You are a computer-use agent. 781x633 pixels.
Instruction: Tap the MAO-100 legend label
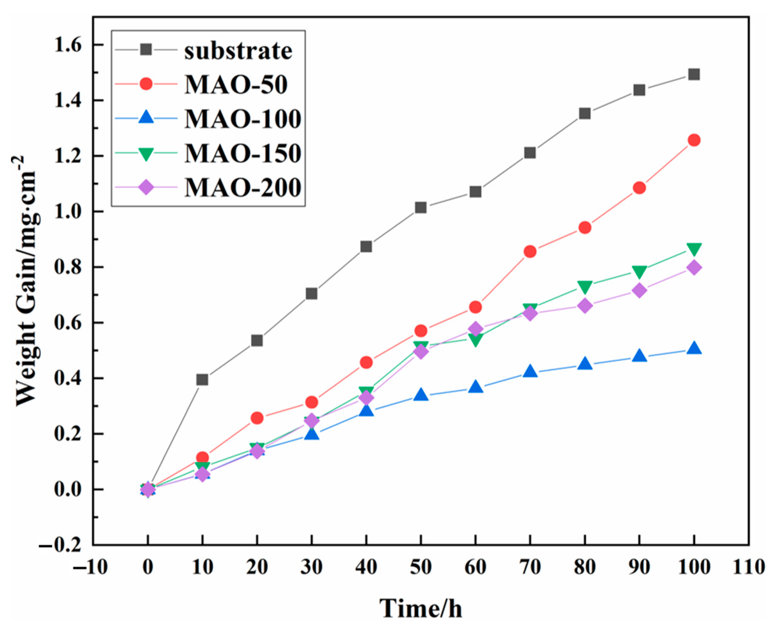point(243,119)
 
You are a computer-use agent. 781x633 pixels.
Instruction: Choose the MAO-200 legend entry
point(243,187)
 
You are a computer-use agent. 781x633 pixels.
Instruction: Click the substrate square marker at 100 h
point(693,74)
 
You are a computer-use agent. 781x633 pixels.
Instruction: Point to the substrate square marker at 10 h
point(202,380)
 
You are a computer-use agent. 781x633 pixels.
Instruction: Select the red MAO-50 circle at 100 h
point(693,140)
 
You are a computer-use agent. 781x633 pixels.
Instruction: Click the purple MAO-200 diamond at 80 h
point(584,305)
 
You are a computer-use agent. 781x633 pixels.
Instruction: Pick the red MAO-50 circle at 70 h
point(530,252)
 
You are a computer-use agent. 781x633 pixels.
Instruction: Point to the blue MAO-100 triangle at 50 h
point(421,394)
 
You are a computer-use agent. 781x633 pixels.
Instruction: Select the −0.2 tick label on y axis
point(61,546)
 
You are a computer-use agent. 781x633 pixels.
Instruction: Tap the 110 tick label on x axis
point(749,567)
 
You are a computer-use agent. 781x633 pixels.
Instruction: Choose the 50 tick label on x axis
point(421,567)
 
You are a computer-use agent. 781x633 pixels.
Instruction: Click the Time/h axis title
point(421,608)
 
